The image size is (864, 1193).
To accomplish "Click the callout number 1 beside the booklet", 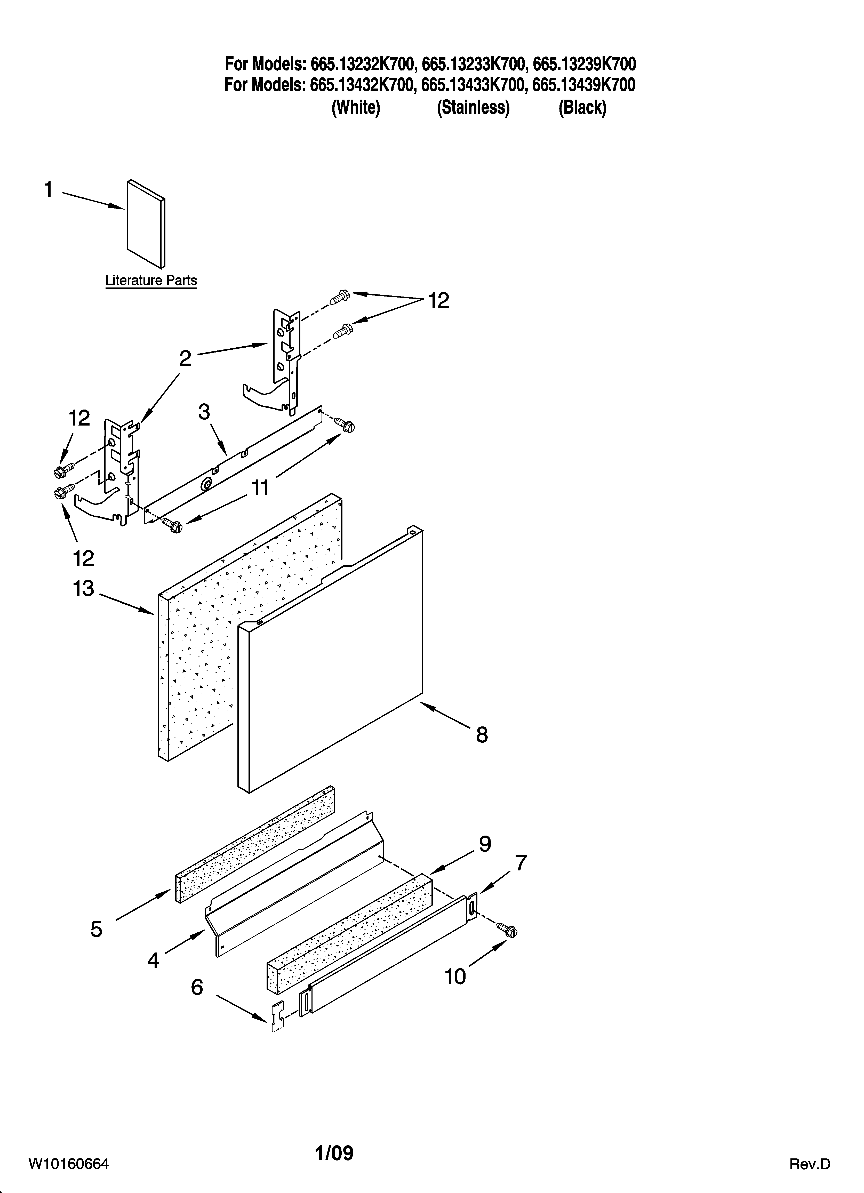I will coord(49,189).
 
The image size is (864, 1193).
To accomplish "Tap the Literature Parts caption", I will coord(151,280).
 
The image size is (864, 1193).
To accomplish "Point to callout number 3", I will coord(204,412).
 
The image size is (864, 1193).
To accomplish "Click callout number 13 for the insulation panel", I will coord(83,589).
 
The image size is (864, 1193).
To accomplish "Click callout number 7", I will coord(521,863).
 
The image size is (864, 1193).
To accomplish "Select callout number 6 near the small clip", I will coord(197,987).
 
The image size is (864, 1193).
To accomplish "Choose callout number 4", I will coord(153,961).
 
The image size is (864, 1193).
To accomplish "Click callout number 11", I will coord(260,488).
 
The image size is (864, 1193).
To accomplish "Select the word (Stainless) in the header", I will coord(473,108).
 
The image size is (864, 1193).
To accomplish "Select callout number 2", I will coord(185,359).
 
